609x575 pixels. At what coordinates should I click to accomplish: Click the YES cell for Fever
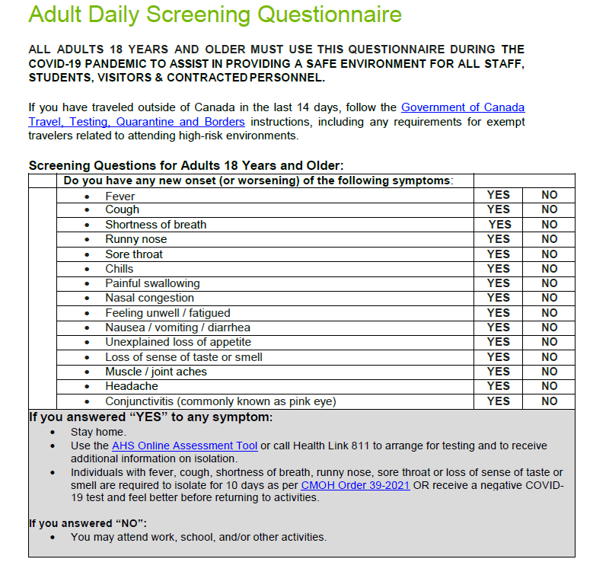tap(499, 195)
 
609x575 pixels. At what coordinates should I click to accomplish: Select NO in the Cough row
tap(550, 209)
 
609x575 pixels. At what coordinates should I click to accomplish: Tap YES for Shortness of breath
tap(499, 225)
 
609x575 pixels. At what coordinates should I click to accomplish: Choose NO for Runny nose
tap(550, 239)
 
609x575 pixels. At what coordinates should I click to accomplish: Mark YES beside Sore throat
tap(499, 254)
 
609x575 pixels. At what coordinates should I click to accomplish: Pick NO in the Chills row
tap(550, 269)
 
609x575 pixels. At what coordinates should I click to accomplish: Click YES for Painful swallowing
tap(499, 283)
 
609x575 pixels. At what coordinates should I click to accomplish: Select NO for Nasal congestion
tap(550, 298)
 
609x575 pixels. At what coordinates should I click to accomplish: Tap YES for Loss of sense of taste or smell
tap(499, 357)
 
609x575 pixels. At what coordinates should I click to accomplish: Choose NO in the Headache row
tap(550, 386)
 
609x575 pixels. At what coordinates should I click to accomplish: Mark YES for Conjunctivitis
tap(499, 401)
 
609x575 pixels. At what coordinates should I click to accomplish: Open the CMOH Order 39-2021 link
tap(356, 485)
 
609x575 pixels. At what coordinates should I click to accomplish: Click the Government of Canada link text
tap(463, 107)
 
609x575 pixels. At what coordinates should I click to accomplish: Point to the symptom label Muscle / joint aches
tap(156, 372)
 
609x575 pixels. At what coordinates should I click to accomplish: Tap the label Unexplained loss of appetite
tap(178, 342)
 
